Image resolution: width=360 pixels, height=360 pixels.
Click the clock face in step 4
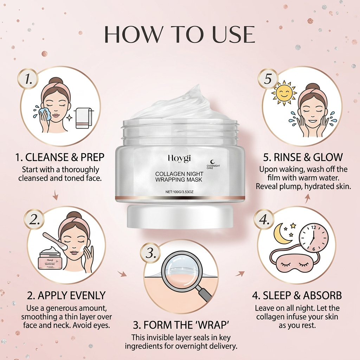[x=314, y=237]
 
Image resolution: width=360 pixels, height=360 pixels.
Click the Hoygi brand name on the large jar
[x=179, y=159]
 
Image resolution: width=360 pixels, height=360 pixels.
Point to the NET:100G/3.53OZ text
[x=179, y=192]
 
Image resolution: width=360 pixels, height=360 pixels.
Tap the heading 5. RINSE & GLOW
[x=303, y=156]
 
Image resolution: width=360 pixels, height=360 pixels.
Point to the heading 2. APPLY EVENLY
[x=61, y=295]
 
